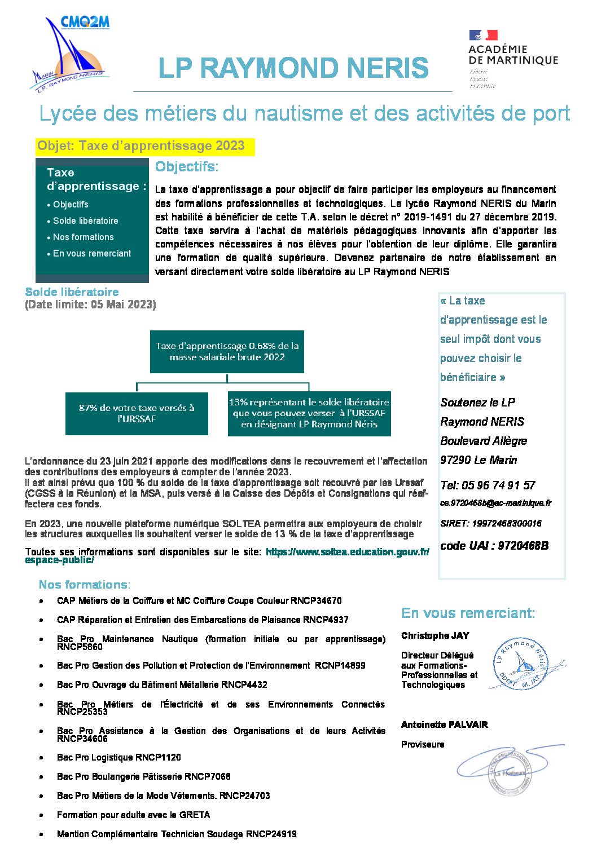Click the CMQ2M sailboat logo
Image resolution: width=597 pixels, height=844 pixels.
pyautogui.click(x=69, y=54)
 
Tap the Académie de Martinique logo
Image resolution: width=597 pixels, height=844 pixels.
pyautogui.click(x=512, y=59)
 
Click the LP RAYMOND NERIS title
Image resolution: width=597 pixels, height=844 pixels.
pyautogui.click(x=293, y=68)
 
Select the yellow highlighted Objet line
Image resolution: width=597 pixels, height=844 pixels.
pyautogui.click(x=141, y=146)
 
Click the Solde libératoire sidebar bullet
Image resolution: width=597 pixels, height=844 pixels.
pyautogui.click(x=85, y=221)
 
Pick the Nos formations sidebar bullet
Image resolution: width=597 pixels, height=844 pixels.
pyautogui.click(x=83, y=237)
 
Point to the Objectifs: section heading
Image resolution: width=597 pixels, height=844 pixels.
pyautogui.click(x=187, y=167)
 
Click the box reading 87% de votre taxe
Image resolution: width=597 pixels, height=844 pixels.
pyautogui.click(x=137, y=414)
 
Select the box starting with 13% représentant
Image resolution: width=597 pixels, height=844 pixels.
pyautogui.click(x=309, y=413)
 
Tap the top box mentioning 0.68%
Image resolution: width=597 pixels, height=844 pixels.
pyautogui.click(x=227, y=352)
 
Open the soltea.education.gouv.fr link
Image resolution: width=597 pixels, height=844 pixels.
pyautogui.click(x=346, y=553)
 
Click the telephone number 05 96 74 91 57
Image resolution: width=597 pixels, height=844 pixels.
pyautogui.click(x=488, y=485)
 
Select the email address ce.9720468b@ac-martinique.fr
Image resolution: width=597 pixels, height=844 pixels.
pyautogui.click(x=495, y=503)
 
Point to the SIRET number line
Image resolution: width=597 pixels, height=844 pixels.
pyautogui.click(x=490, y=524)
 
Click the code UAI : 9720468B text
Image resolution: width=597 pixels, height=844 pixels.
pyautogui.click(x=494, y=546)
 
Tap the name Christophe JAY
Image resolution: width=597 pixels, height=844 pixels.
pyautogui.click(x=435, y=636)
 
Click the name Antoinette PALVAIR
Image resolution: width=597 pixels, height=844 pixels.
pyautogui.click(x=444, y=725)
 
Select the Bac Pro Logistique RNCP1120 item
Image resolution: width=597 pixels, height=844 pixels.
pyautogui.click(x=118, y=758)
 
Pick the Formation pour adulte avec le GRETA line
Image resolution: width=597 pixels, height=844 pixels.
pyautogui.click(x=133, y=815)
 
